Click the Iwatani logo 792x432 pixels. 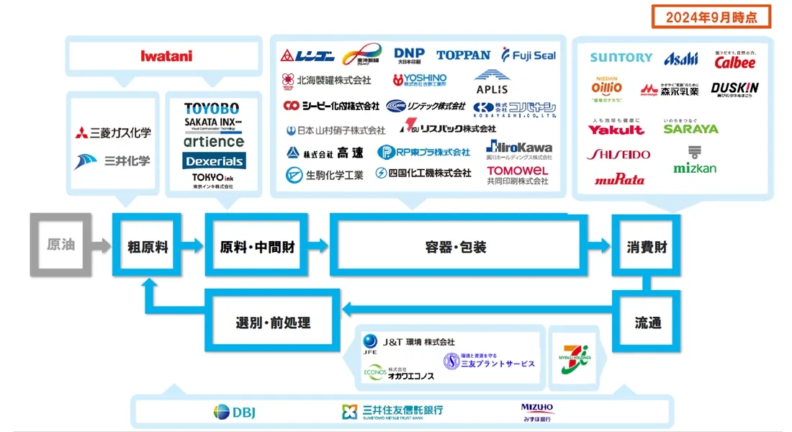coord(166,55)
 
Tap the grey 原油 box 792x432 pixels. coord(60,245)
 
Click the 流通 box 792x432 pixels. coord(647,322)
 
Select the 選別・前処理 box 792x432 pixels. coord(273,322)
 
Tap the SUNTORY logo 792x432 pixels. coord(621,58)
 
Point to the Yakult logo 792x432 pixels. coord(616,130)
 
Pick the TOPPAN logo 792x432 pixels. coord(463,55)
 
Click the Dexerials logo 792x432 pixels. coord(213,160)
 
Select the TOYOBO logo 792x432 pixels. coord(212,109)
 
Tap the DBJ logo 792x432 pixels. coord(235,412)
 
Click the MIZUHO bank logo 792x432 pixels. coord(538,411)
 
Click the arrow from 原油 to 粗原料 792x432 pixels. coord(102,246)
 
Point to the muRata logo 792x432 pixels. coord(619,179)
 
